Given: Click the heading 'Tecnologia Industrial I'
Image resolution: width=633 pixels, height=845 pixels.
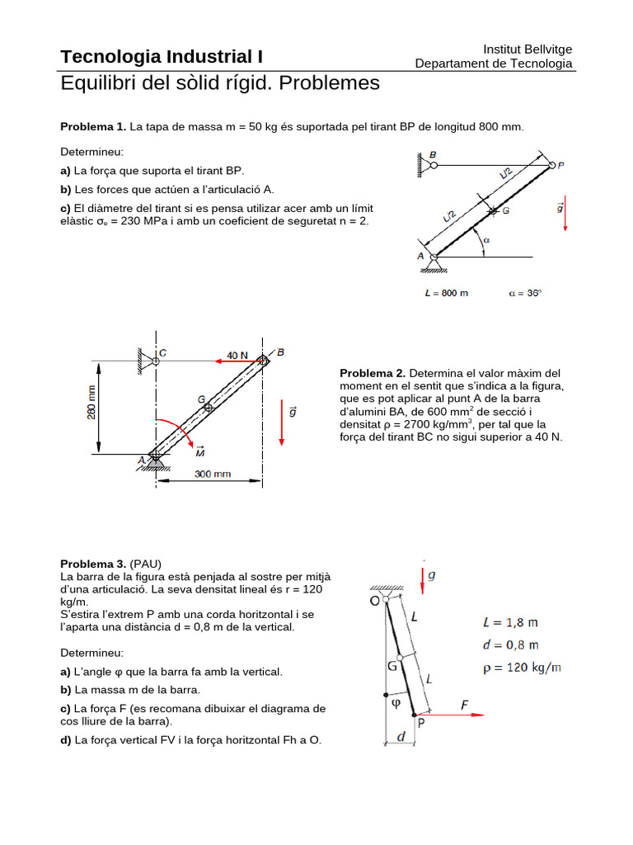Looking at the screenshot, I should point(162,57).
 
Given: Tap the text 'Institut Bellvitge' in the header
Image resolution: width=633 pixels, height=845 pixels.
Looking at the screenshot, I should point(527,50).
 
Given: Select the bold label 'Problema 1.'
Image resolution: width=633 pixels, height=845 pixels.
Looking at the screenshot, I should point(93,126).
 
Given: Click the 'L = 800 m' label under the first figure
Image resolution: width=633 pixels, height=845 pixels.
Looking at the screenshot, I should point(446,295).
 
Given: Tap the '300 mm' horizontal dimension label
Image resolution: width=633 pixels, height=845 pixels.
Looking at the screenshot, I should point(213,474).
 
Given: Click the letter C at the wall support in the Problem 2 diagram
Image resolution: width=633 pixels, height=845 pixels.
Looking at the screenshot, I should point(162,352).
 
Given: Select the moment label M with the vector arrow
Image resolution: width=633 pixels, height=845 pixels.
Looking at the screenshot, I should point(199,451).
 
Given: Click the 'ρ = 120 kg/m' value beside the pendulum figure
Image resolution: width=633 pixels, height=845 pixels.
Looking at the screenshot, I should point(522,667).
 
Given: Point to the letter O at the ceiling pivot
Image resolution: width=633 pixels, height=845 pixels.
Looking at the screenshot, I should point(374,602).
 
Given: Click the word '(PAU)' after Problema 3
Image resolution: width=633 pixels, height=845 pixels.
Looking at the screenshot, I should point(146,563).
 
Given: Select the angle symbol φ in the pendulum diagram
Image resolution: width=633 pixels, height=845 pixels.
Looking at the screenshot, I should point(396,704).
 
